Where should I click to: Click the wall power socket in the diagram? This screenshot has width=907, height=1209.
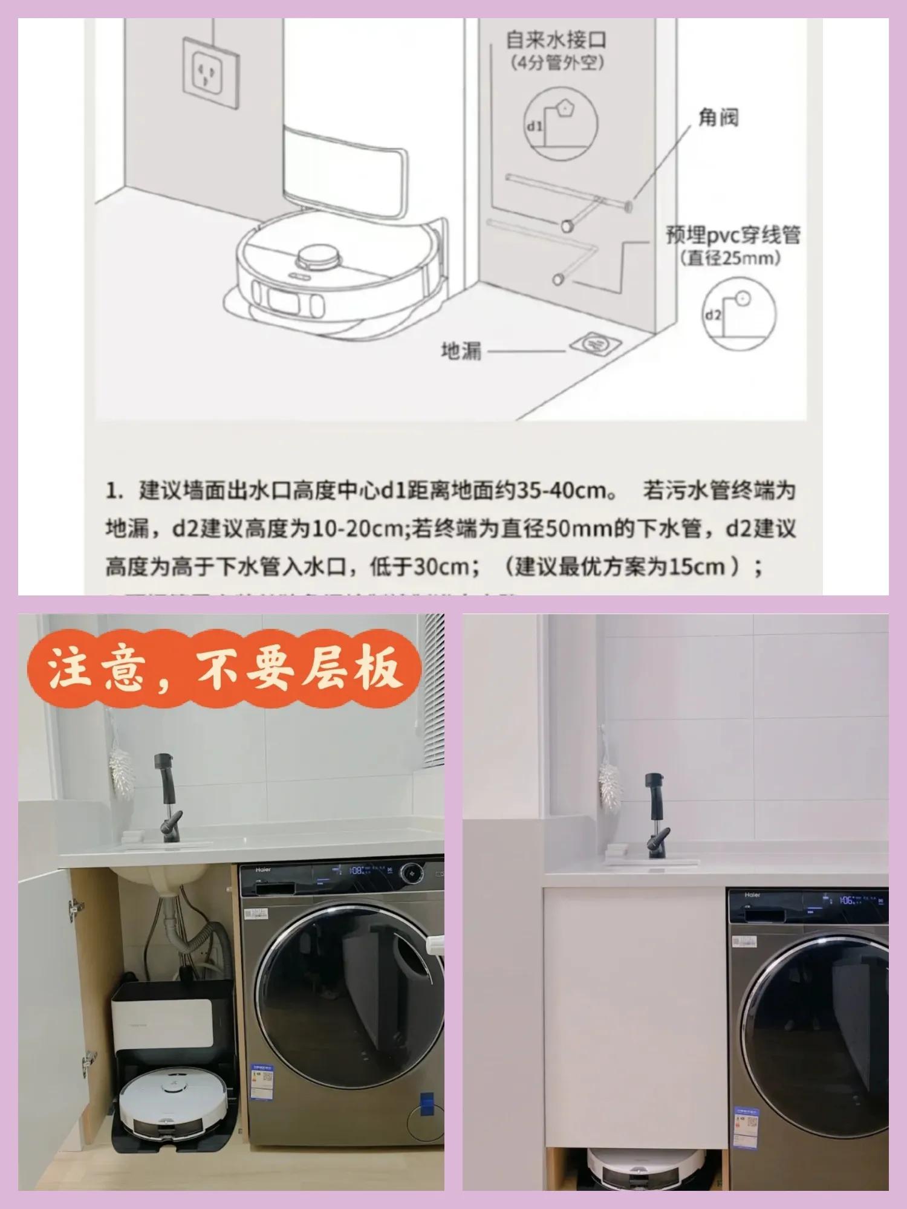point(211,73)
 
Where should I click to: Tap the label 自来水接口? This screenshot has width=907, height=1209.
point(556,40)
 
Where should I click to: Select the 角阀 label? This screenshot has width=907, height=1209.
point(718,117)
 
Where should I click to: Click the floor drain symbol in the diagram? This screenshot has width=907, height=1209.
point(596,345)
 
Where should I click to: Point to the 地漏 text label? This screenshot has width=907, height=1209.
point(461,351)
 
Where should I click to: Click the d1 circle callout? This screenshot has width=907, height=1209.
point(561,124)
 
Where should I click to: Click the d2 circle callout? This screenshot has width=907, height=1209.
point(739,313)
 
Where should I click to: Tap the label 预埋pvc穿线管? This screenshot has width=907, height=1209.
point(733,235)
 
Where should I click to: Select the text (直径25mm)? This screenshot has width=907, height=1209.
point(730,258)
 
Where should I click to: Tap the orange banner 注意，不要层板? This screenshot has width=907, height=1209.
point(224,668)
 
